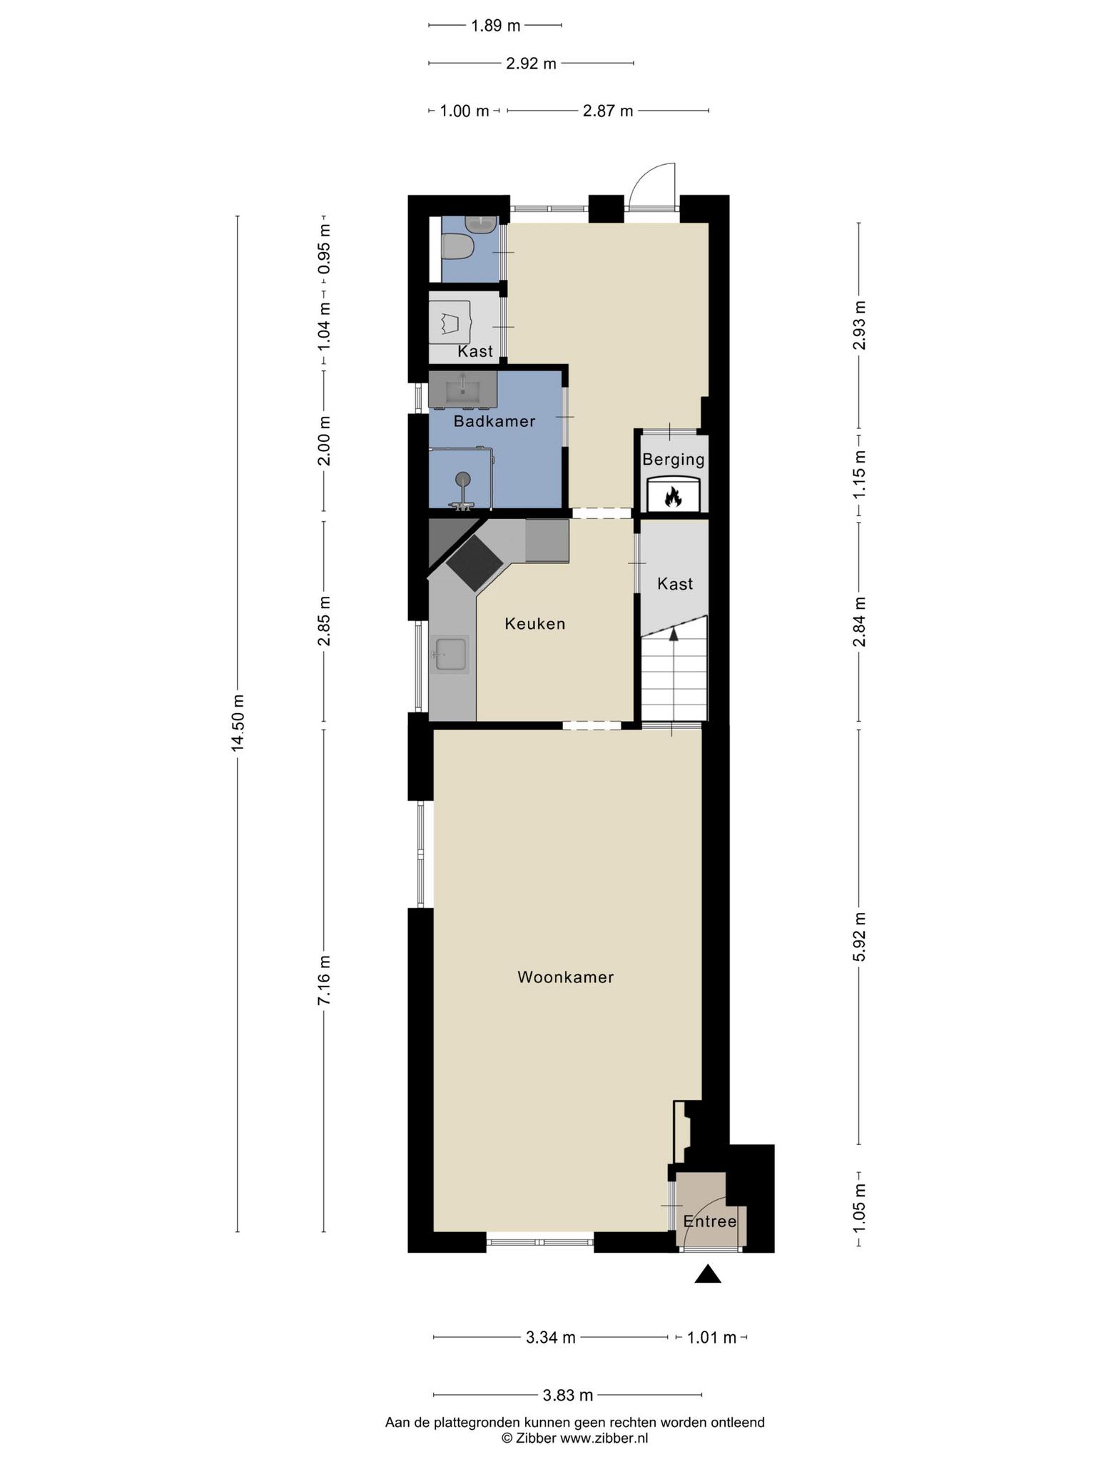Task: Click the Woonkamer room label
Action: pos(565,977)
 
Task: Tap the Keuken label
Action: pos(535,624)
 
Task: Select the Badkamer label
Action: pos(494,421)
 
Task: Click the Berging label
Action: pos(674,460)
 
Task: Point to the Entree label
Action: pos(710,1221)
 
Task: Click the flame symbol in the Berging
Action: pos(673,496)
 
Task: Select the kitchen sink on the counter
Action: pos(450,654)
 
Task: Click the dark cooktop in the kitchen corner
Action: pos(475,563)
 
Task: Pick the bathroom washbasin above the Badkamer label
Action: pos(463,390)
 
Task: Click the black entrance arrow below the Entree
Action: pos(708,1274)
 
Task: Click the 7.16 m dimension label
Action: pos(324,980)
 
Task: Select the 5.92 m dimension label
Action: pos(859,937)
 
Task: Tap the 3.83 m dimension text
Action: pos(568,1395)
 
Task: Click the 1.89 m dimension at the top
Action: pos(496,26)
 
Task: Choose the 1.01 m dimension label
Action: pos(711,1338)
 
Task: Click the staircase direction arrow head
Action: pos(673,635)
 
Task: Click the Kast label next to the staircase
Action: pos(675,584)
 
